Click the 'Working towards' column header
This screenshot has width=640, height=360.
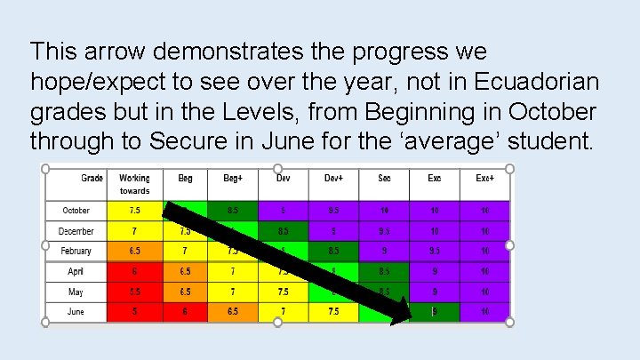pyautogui.click(x=134, y=184)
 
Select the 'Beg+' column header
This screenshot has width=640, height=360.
pyautogui.click(x=233, y=179)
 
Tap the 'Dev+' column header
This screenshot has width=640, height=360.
pyautogui.click(x=333, y=179)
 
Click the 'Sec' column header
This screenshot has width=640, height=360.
pyautogui.click(x=384, y=179)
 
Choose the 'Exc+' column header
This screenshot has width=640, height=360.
pyautogui.click(x=484, y=179)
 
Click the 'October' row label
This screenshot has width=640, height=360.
pyautogui.click(x=76, y=211)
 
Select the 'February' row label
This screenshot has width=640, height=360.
pyautogui.click(x=76, y=251)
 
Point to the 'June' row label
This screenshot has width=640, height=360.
pyautogui.click(x=76, y=311)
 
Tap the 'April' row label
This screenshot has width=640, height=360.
pyautogui.click(x=76, y=271)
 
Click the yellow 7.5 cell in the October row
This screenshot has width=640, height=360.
pyautogui.click(x=134, y=211)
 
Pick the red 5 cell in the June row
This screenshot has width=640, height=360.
pyautogui.click(x=134, y=311)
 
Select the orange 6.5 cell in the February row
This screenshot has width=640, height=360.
pyautogui.click(x=134, y=251)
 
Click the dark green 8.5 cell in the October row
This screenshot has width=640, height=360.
pyautogui.click(x=233, y=211)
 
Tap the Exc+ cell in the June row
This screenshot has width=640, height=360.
pyautogui.click(x=484, y=311)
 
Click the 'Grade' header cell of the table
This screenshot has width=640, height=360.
pyautogui.click(x=92, y=179)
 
